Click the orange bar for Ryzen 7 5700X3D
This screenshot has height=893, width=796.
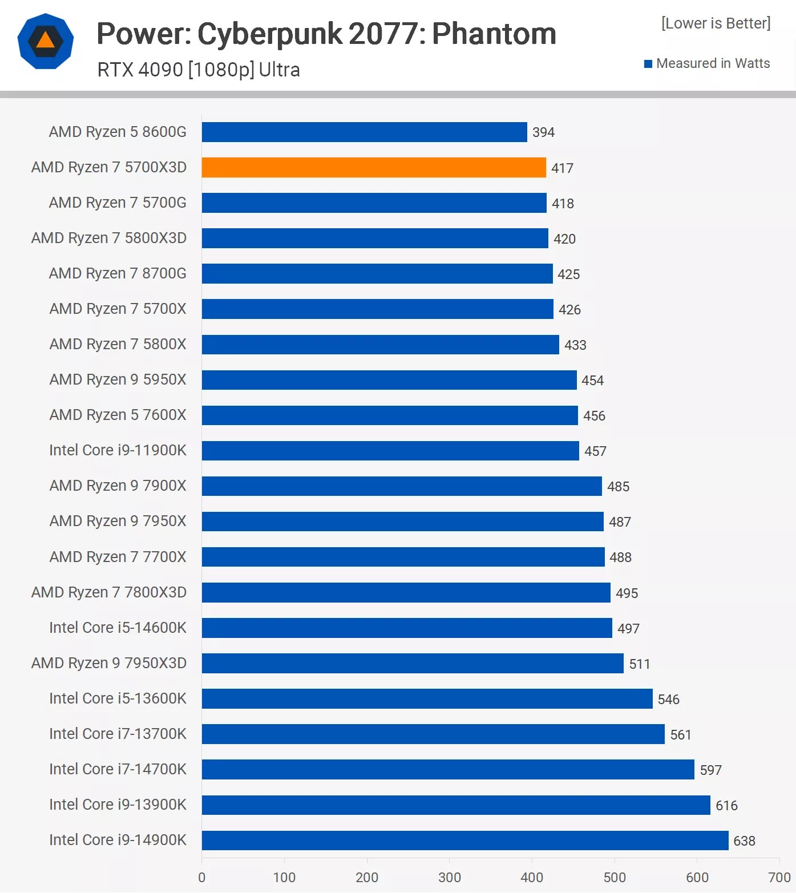374,167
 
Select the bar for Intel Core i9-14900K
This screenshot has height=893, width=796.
465,841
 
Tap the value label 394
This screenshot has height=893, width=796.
543,132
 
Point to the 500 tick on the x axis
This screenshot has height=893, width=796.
615,877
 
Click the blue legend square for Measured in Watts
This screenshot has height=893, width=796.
648,64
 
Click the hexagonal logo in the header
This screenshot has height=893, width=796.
46,41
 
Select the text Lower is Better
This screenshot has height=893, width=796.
716,23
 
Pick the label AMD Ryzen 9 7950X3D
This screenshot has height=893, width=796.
109,663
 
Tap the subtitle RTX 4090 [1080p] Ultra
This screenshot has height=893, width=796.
199,70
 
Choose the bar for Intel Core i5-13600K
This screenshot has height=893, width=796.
427,698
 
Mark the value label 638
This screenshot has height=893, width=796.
744,841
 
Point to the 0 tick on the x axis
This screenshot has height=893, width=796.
202,877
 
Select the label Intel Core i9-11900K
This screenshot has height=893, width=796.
118,450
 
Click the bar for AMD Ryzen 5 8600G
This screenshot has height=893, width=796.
364,132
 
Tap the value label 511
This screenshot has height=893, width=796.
640,664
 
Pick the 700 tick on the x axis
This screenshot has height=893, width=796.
779,877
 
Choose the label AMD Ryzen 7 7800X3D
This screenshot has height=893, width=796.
109,592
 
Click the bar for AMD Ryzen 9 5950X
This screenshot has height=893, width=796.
389,380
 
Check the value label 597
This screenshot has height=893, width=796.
710,770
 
